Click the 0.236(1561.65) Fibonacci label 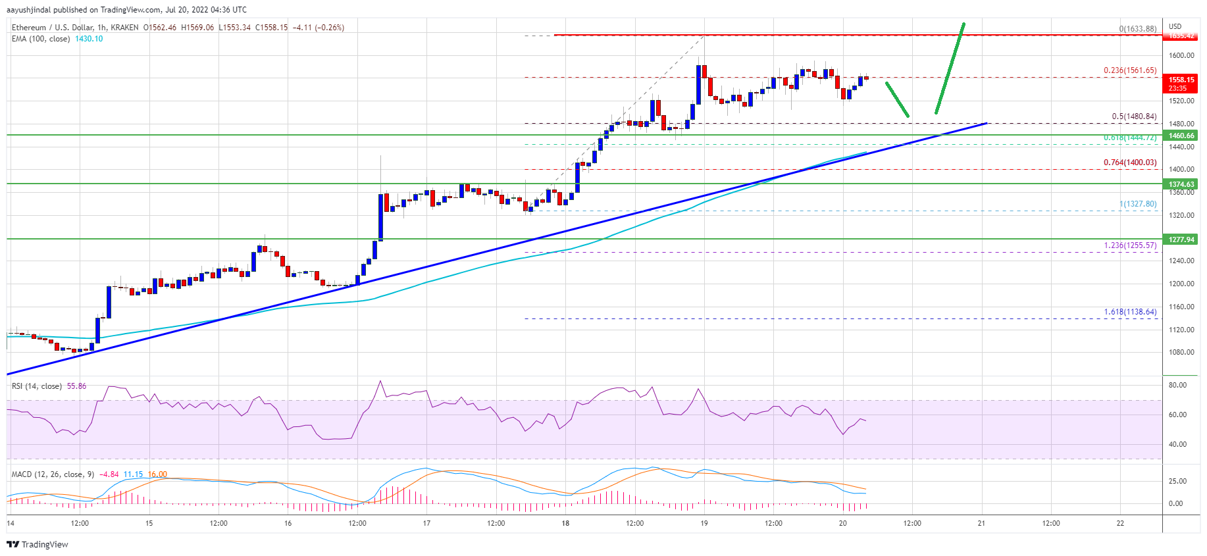pyautogui.click(x=1130, y=70)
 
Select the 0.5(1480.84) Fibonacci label pyautogui.click(x=1134, y=116)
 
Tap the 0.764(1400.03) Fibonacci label pyautogui.click(x=1130, y=163)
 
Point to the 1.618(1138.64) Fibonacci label pyautogui.click(x=1130, y=312)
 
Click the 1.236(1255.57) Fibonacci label pyautogui.click(x=1130, y=245)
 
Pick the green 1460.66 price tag pyautogui.click(x=1181, y=136)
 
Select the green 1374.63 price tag pyautogui.click(x=1181, y=184)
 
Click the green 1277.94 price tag pyautogui.click(x=1181, y=240)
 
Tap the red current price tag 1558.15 pyautogui.click(x=1181, y=80)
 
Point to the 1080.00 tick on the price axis pyautogui.click(x=1181, y=353)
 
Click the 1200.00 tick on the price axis pyautogui.click(x=1181, y=284)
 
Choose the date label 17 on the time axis pyautogui.click(x=426, y=524)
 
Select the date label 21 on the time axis pyautogui.click(x=981, y=524)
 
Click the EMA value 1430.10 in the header pyautogui.click(x=88, y=39)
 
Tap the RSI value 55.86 pyautogui.click(x=76, y=386)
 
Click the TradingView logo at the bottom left pyautogui.click(x=38, y=544)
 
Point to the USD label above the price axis pyautogui.click(x=1175, y=27)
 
